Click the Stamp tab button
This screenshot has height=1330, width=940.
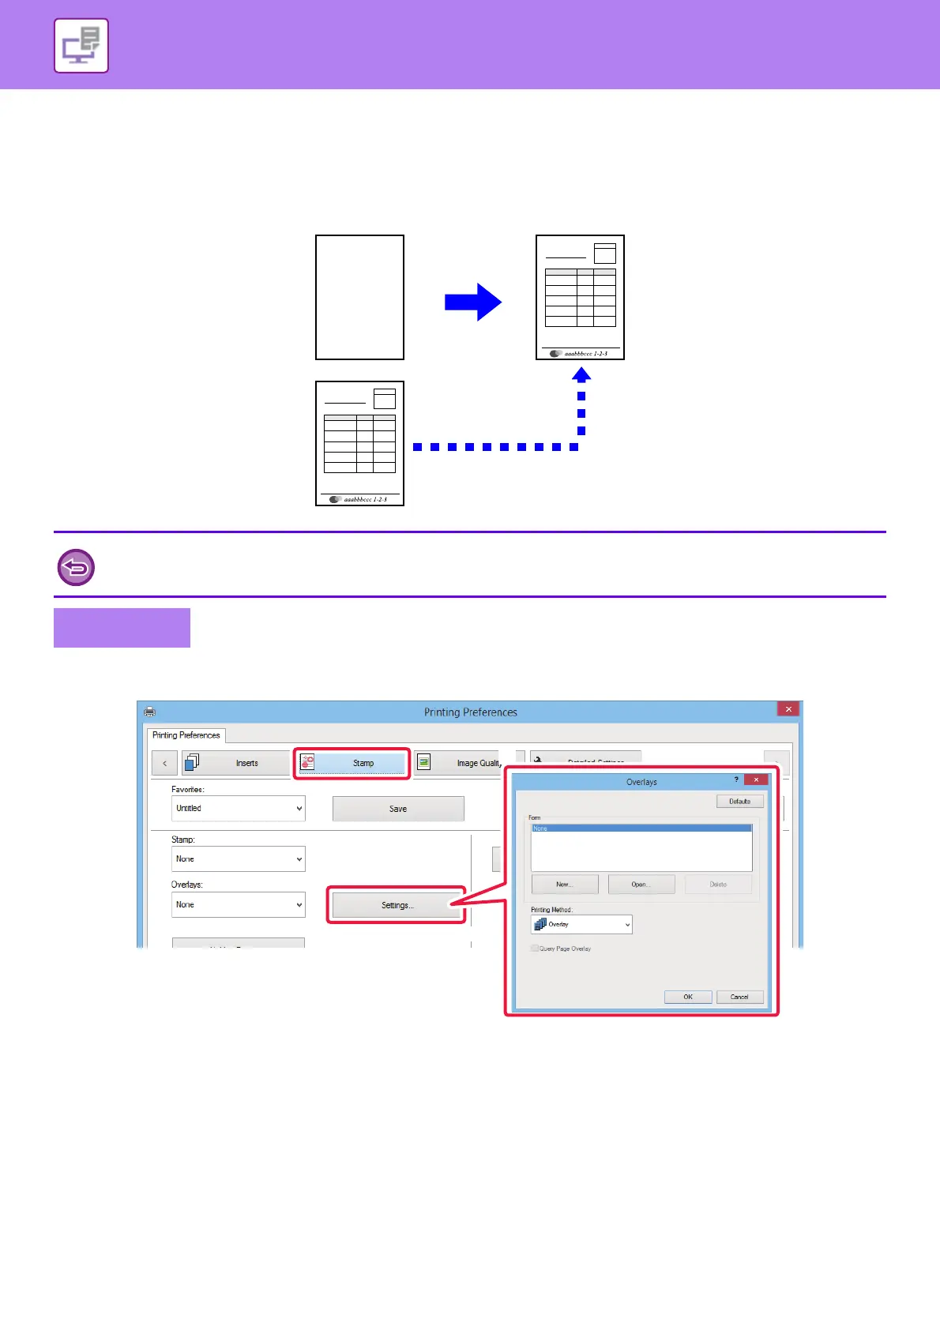click(x=352, y=763)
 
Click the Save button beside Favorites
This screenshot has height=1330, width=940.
click(x=398, y=809)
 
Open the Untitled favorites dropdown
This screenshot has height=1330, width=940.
click(x=238, y=809)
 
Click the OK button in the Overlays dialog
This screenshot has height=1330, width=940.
click(x=688, y=997)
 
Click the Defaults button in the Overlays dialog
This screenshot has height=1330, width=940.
click(x=739, y=802)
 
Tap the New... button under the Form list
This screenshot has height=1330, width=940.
click(x=564, y=885)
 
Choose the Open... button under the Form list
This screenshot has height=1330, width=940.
click(x=640, y=885)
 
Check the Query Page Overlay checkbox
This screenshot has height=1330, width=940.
click(x=535, y=949)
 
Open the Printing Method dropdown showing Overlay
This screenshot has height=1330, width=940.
click(x=581, y=924)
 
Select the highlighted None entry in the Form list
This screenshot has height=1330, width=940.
click(x=641, y=828)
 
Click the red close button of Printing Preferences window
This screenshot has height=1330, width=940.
click(x=788, y=709)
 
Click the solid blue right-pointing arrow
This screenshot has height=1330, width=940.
click(x=473, y=302)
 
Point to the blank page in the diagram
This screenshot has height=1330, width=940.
click(x=359, y=297)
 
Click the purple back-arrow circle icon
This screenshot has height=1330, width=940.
click(x=77, y=567)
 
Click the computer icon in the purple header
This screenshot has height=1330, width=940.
click(x=81, y=46)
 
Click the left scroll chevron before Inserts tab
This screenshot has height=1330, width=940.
click(x=164, y=763)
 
